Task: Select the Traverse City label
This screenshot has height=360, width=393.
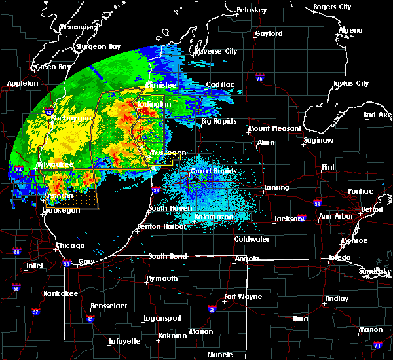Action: [x=217, y=51]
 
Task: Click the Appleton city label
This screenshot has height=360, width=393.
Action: [x=22, y=84]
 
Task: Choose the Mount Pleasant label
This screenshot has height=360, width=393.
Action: [x=274, y=129]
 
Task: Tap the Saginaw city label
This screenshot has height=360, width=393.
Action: [x=320, y=141]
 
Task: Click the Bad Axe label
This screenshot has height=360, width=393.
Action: [x=377, y=115]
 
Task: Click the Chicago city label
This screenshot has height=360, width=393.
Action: [x=70, y=246]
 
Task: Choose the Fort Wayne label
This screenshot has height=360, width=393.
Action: [x=241, y=297]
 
